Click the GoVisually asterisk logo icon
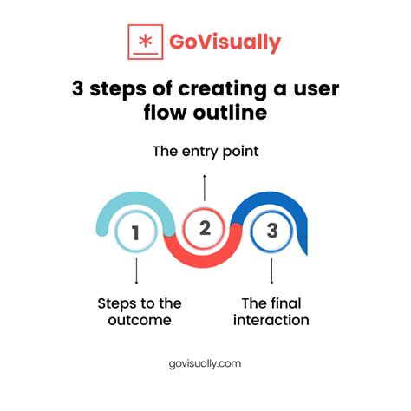[x=145, y=42]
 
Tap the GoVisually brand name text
[x=225, y=42]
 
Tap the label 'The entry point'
[x=205, y=152]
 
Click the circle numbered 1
[x=136, y=232]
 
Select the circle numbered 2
[x=205, y=228]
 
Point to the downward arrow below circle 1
[x=136, y=271]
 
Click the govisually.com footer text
[x=205, y=364]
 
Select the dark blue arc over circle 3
[x=277, y=202]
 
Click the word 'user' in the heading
[x=315, y=90]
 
